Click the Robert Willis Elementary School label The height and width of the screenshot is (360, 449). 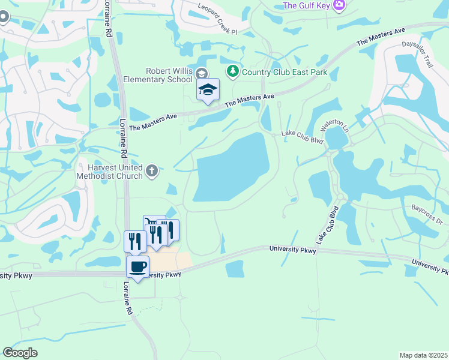[x=158, y=73]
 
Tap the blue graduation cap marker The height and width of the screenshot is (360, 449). [x=208, y=90]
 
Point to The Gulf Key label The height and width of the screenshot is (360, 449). [x=306, y=5]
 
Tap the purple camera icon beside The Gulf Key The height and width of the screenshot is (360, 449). [x=340, y=5]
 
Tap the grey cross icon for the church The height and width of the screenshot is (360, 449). [x=152, y=171]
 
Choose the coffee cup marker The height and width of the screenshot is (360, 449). [x=138, y=266]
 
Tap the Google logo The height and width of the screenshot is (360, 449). [x=20, y=353]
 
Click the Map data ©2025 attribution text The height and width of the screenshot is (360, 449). [x=423, y=355]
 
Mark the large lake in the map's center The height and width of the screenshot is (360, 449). [x=231, y=168]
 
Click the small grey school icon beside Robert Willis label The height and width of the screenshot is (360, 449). [x=202, y=73]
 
